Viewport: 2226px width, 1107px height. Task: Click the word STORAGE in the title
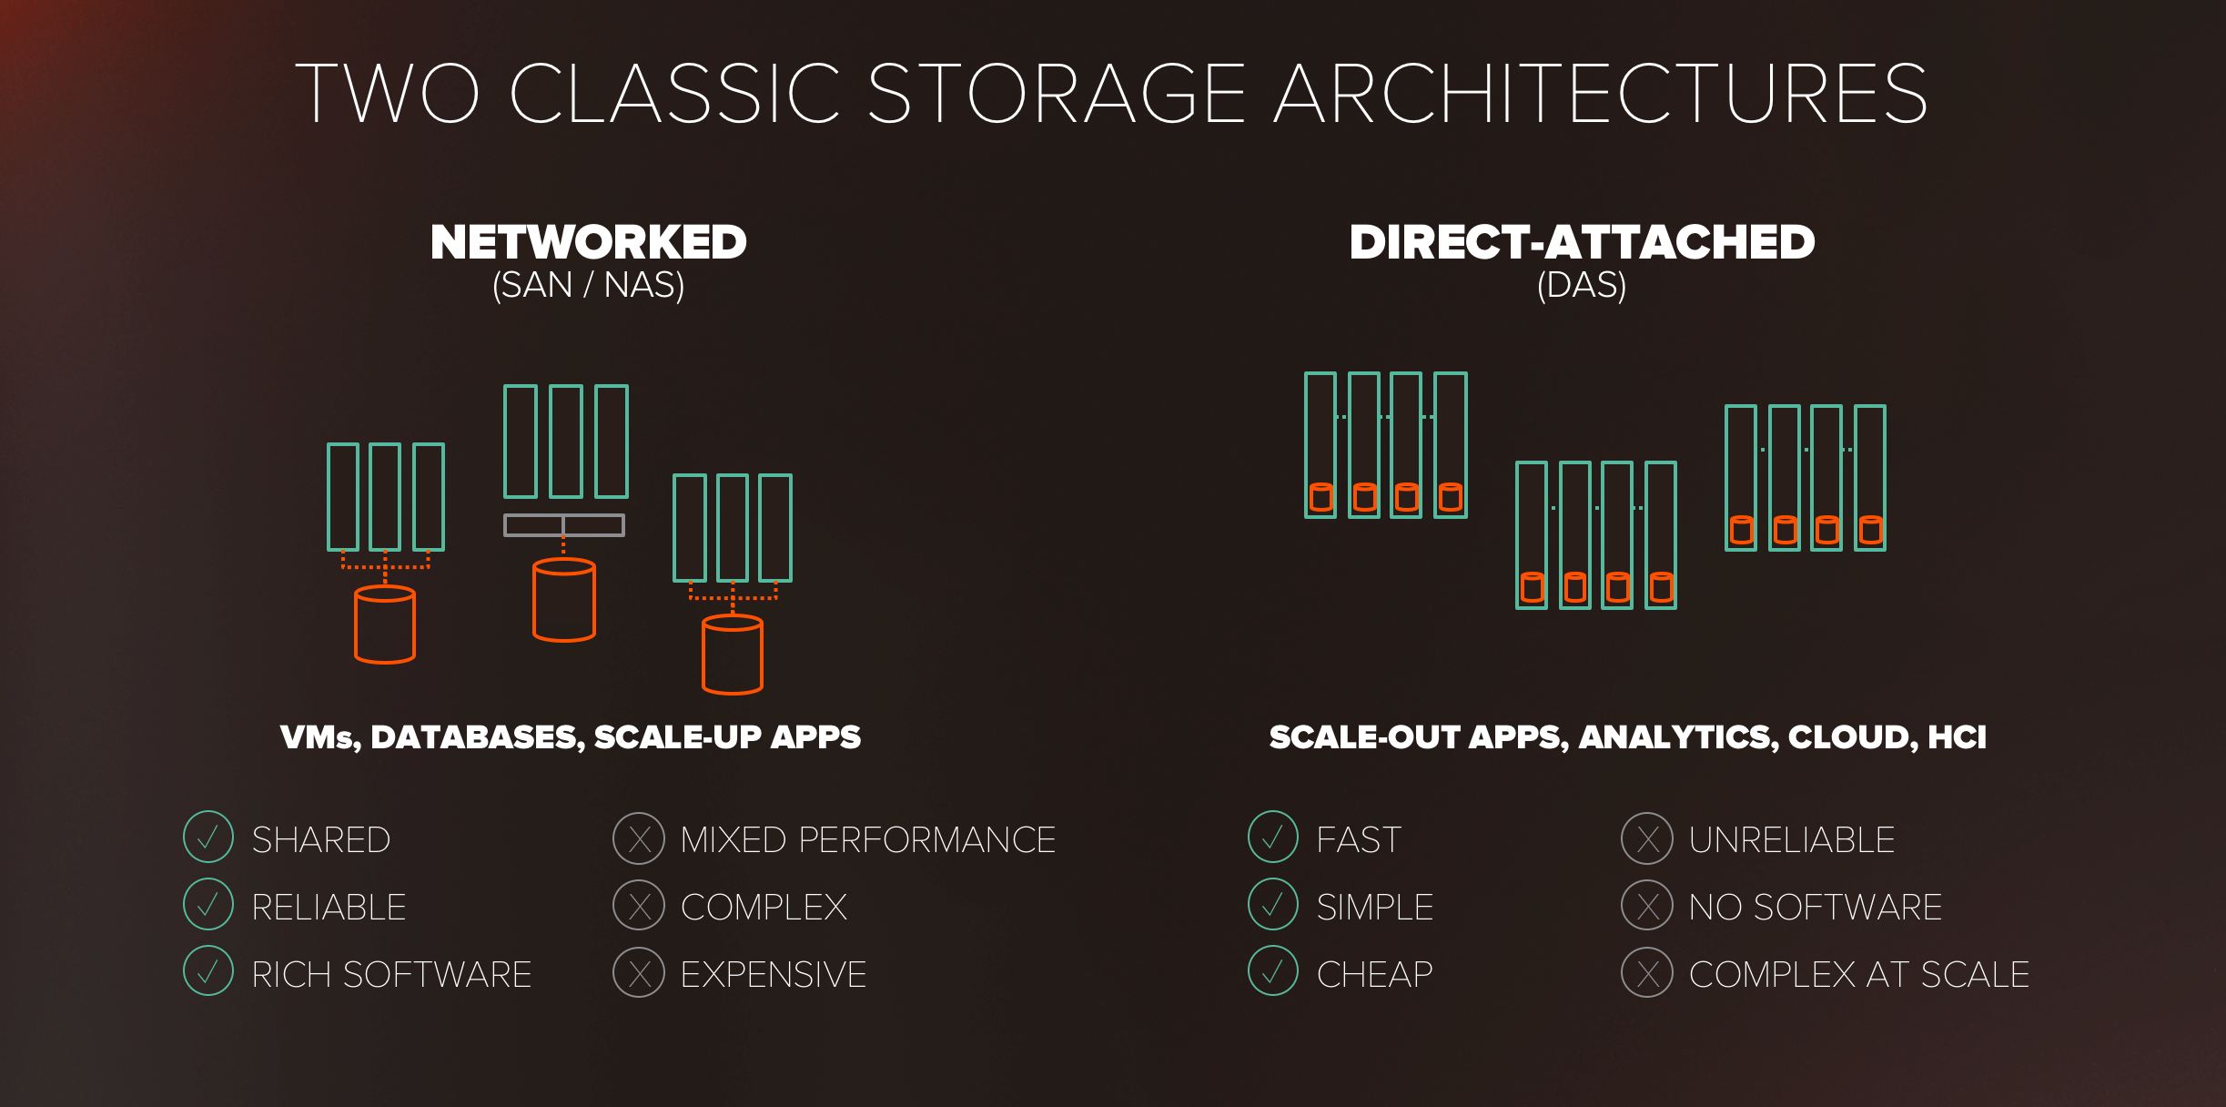point(1057,93)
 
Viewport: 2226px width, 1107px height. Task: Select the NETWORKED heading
point(588,242)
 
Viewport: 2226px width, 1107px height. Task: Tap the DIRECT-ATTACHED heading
point(1582,242)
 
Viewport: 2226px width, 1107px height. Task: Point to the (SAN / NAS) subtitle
point(588,285)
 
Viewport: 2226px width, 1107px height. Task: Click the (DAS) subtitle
point(1582,285)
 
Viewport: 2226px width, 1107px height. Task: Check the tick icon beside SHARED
point(208,837)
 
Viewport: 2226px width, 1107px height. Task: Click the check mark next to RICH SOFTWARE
point(208,970)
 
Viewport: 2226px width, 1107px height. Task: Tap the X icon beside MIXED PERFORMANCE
point(639,838)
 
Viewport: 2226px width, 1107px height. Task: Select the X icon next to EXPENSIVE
point(639,972)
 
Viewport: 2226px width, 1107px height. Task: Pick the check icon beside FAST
point(1273,837)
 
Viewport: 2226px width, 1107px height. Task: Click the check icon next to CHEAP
point(1273,970)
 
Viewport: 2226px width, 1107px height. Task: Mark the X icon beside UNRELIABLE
point(1647,838)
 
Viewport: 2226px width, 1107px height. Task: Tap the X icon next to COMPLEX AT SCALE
point(1647,972)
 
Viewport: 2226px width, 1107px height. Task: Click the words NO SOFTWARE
point(1816,907)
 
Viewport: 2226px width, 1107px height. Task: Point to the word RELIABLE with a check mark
point(329,907)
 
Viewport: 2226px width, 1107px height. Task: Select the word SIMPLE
point(1375,907)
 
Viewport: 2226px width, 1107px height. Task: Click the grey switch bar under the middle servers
point(564,525)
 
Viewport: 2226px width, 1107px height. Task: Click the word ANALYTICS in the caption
point(1679,737)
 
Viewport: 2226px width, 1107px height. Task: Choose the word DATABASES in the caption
point(478,737)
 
